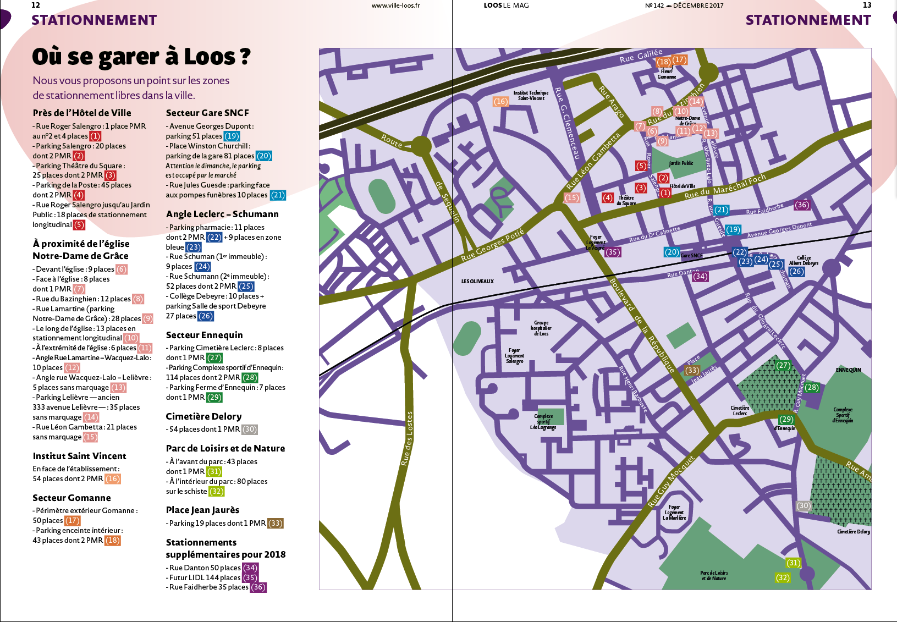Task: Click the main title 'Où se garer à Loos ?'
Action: tap(141, 57)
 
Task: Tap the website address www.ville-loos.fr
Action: tap(395, 5)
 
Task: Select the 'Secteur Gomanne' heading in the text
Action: tap(71, 498)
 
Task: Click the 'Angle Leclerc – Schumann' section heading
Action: tap(222, 214)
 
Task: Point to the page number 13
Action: tap(867, 5)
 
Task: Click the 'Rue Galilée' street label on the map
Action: tap(641, 56)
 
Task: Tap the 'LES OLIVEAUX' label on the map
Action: tap(477, 282)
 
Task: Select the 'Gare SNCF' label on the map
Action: tap(691, 256)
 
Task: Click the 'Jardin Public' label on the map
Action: tap(681, 163)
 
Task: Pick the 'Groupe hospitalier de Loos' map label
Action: tap(541, 328)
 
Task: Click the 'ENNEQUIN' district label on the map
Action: tap(848, 370)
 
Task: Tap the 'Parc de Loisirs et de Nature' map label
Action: tap(714, 575)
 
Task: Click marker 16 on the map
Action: tap(500, 101)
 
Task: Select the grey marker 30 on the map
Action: tap(804, 505)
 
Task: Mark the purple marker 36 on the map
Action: tap(802, 205)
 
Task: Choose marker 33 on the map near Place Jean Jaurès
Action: tap(692, 370)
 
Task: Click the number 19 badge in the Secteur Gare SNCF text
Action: tap(232, 136)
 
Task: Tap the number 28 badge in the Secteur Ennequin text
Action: tap(250, 377)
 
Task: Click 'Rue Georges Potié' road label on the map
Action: tap(492, 245)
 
